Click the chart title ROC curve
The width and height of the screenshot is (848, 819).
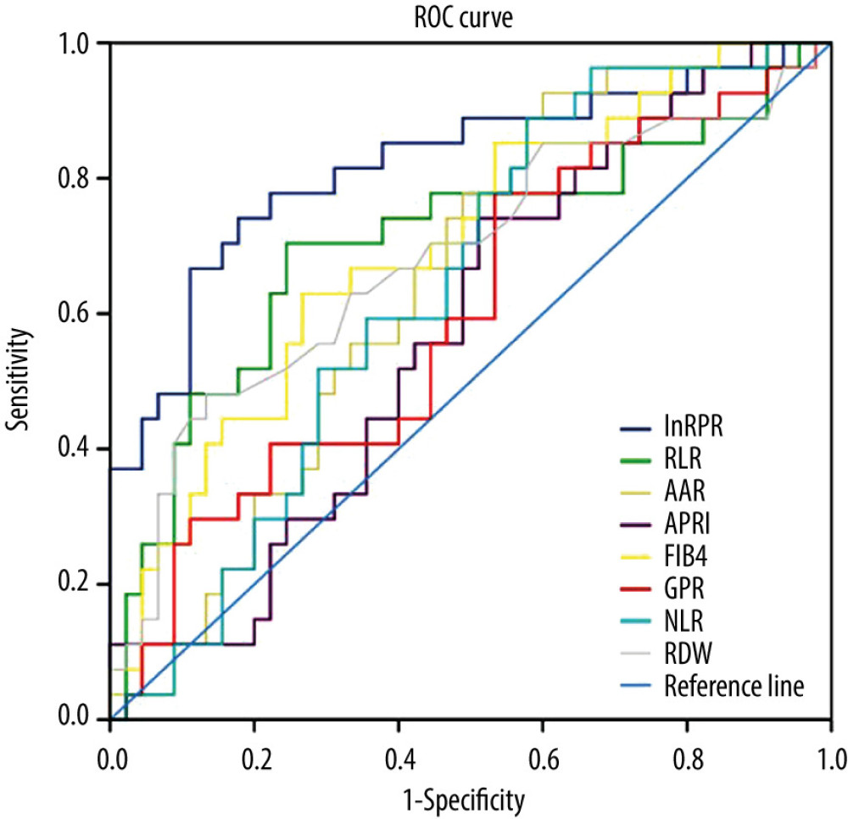[471, 14]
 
